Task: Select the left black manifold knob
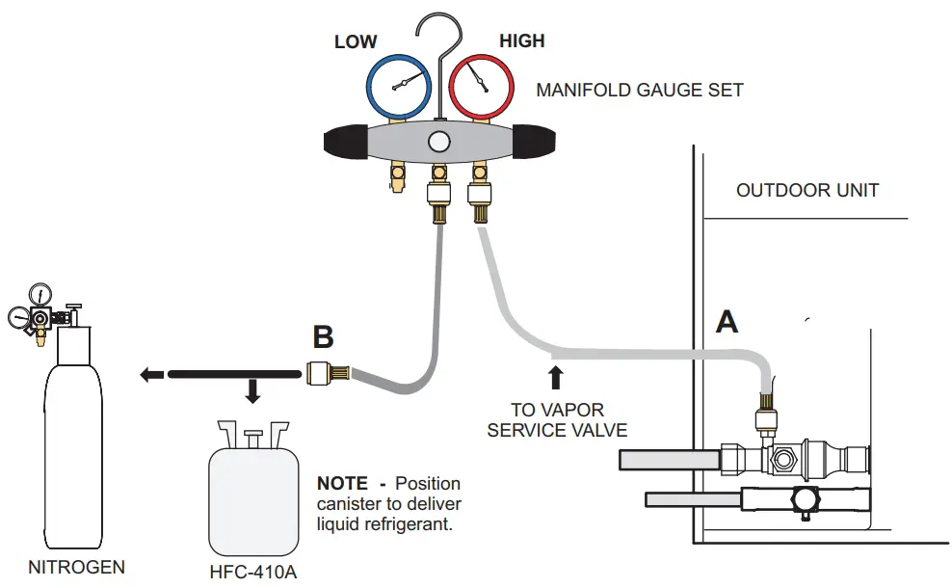348,143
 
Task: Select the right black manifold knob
532,143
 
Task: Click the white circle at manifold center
439,142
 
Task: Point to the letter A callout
727,321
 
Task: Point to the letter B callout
324,337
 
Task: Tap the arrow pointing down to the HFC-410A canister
252,391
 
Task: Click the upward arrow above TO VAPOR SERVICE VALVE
555,376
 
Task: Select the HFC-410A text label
252,572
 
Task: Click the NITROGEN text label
76,567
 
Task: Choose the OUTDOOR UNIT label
807,190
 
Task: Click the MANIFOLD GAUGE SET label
640,91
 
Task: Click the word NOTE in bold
342,483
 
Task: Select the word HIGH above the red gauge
521,40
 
